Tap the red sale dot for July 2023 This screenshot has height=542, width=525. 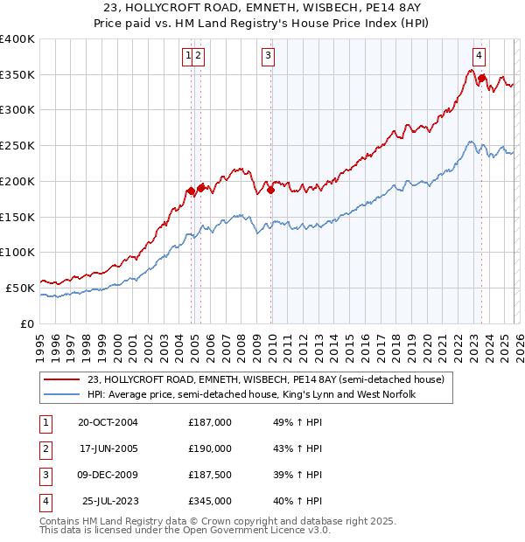(481, 79)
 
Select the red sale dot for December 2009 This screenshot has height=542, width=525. (271, 190)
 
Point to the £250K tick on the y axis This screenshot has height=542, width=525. (19, 146)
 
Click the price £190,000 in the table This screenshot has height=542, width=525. (210, 449)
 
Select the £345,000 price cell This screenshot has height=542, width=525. (210, 501)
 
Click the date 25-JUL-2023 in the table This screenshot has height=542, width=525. (108, 501)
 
